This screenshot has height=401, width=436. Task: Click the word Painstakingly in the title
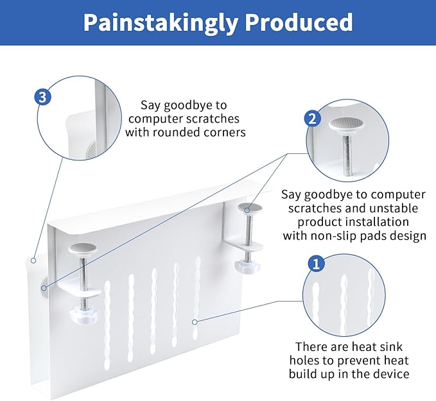(x=161, y=22)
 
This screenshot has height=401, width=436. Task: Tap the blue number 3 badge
(x=43, y=98)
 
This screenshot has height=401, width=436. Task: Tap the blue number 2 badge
(x=312, y=118)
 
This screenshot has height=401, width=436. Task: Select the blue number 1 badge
(x=316, y=263)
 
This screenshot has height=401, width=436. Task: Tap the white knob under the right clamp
(x=245, y=263)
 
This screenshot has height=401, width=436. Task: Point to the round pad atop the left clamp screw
(x=81, y=247)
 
